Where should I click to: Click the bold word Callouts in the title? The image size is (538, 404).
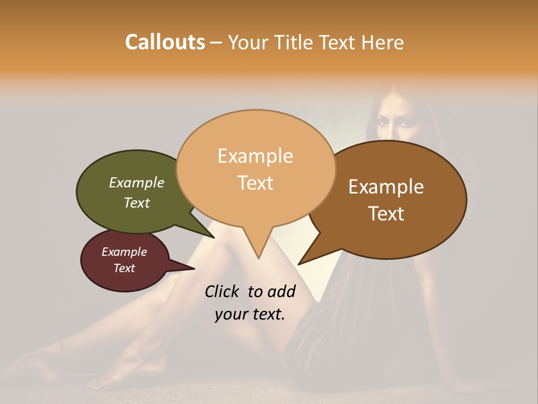(165, 42)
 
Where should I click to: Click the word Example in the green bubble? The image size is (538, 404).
(137, 183)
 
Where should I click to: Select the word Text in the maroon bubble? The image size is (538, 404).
(124, 268)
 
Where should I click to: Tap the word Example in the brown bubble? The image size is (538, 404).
(386, 187)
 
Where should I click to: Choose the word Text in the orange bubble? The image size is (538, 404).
(256, 183)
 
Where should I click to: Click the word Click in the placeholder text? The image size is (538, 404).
(223, 291)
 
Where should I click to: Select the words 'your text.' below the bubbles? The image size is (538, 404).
(250, 314)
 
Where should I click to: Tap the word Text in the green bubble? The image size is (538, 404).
(137, 203)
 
